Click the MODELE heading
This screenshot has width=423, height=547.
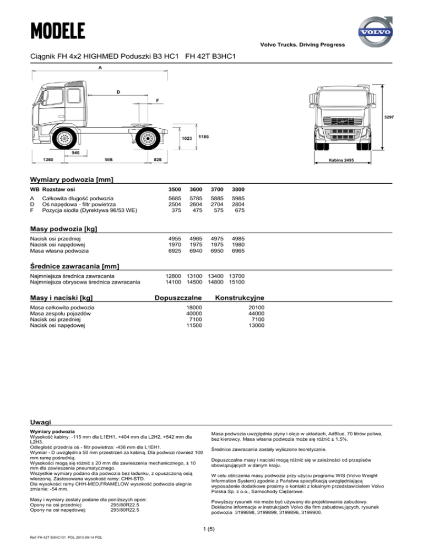58,29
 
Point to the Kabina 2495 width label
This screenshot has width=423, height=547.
341,160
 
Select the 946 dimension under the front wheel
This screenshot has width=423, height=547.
75,151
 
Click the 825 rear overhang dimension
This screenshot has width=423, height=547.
158,160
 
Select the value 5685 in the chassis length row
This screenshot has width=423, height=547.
173,198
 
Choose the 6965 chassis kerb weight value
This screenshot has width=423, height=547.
237,250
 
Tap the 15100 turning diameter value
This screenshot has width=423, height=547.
237,282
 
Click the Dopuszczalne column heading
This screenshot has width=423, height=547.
180,298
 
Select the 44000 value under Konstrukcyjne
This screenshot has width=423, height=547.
257,313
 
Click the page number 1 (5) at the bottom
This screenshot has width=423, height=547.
211,529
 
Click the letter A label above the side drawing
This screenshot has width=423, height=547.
100,68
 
